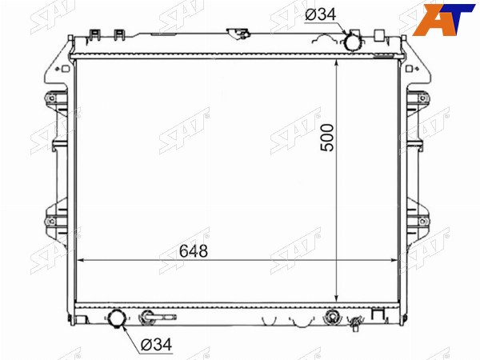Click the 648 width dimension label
tap(194, 251)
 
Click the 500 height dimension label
tap(326, 138)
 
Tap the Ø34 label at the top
tap(320, 14)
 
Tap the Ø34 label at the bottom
tap(157, 345)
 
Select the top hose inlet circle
tap(353, 42)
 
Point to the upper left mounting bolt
tap(51, 98)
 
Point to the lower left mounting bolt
tap(51, 221)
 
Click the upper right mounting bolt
tap(422, 98)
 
